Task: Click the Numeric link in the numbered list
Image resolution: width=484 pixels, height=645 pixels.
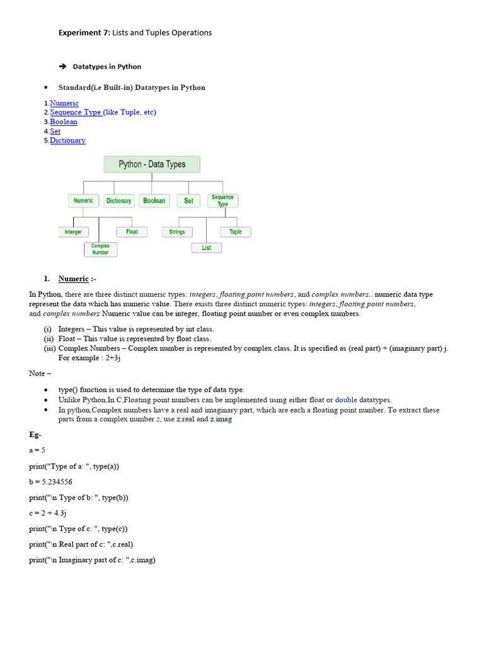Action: point(64,103)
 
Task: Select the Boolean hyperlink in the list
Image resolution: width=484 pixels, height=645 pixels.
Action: point(64,122)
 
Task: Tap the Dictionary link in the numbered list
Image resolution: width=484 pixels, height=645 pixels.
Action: point(67,140)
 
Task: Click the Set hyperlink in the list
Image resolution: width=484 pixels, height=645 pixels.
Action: point(55,131)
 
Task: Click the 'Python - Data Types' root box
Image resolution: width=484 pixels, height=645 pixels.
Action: point(152,164)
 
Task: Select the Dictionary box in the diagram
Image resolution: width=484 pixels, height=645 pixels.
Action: point(118,201)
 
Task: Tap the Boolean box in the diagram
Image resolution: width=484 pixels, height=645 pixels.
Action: point(154,201)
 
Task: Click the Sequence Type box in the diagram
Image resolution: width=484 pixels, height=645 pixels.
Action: point(222,201)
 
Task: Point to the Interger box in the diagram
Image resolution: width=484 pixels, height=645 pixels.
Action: point(73,232)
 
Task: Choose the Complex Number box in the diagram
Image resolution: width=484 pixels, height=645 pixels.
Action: point(100,249)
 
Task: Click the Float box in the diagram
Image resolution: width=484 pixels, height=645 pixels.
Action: point(132,232)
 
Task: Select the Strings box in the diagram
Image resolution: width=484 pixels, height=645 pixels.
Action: point(177,232)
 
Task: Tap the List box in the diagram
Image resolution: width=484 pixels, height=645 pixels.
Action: point(207,248)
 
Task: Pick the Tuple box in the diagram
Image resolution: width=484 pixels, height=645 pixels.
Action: point(235,232)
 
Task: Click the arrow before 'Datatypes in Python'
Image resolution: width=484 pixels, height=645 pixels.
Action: point(62,66)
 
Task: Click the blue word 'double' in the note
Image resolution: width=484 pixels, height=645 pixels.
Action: point(346,400)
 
